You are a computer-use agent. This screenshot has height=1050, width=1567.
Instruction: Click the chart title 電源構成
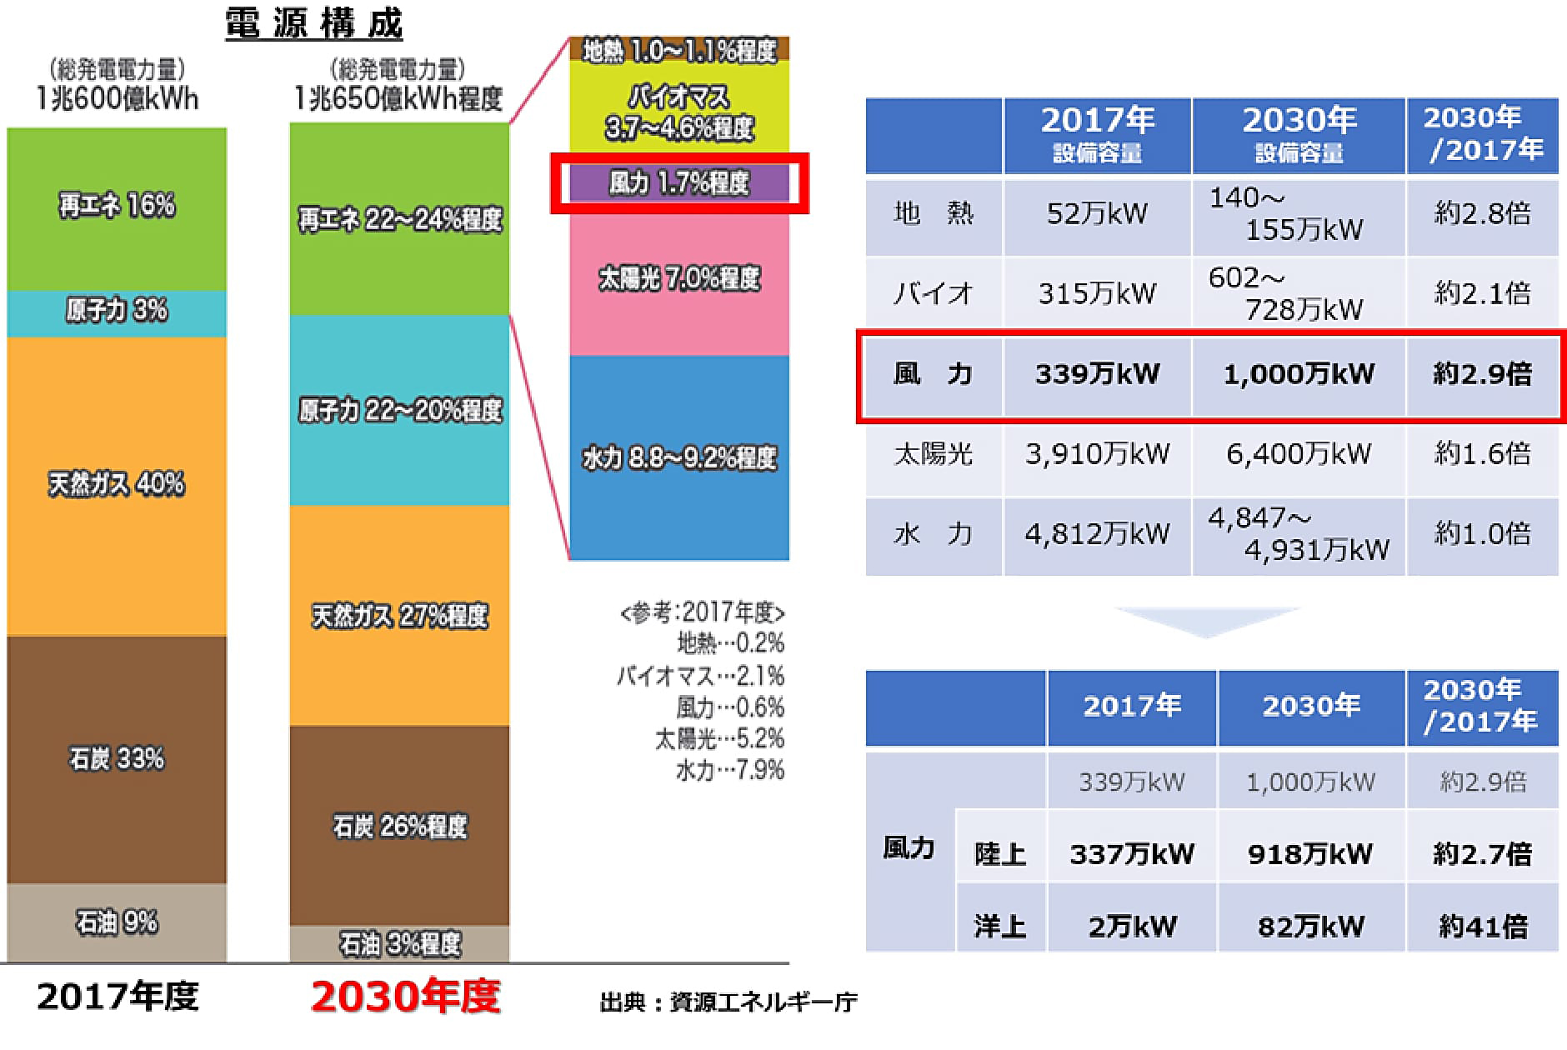[314, 23]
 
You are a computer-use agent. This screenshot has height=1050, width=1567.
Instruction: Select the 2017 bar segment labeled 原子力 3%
[117, 311]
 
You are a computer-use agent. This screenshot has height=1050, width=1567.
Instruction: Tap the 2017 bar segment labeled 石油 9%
[117, 922]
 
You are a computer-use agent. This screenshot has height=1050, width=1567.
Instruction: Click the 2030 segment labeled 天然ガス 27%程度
[399, 616]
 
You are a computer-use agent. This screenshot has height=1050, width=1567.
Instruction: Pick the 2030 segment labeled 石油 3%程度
[399, 943]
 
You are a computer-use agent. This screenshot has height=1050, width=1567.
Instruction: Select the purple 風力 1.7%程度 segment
[678, 182]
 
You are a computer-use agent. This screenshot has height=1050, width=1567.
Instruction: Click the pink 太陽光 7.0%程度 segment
[678, 278]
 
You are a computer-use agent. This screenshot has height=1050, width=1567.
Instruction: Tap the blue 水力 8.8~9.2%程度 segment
[678, 457]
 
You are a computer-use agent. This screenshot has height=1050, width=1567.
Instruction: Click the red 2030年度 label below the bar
[405, 997]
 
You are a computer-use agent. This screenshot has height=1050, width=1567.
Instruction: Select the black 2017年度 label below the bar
[118, 997]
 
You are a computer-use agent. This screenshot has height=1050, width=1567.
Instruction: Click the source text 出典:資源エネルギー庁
[728, 1002]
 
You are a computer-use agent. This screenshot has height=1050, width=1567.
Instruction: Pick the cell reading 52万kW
[1097, 214]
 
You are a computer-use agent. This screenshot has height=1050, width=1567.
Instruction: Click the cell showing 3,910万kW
[1097, 454]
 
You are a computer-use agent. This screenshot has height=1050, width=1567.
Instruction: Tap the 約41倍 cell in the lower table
[1482, 926]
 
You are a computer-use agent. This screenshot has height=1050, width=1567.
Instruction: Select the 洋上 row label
[999, 926]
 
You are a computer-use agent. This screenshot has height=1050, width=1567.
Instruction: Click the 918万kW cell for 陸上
[1309, 854]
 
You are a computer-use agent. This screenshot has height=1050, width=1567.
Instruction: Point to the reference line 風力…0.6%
[729, 707]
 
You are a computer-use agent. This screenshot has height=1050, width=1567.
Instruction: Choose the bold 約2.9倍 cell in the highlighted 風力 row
[1482, 374]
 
